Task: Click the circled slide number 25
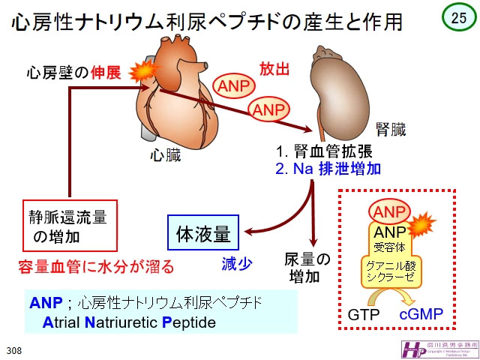(x=456, y=18)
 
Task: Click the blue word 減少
(x=235, y=263)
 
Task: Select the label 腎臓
(x=390, y=128)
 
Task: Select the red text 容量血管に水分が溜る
(x=96, y=265)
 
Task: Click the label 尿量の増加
(x=307, y=268)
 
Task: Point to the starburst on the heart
(x=141, y=73)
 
